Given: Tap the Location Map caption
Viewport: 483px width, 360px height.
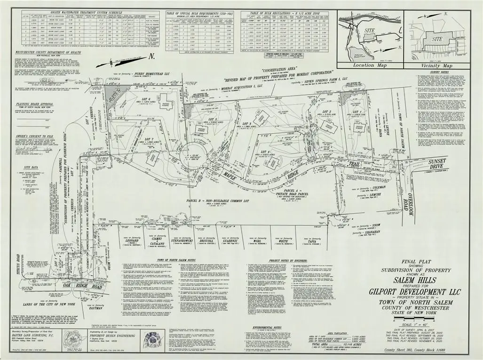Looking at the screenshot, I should tap(369, 65).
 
